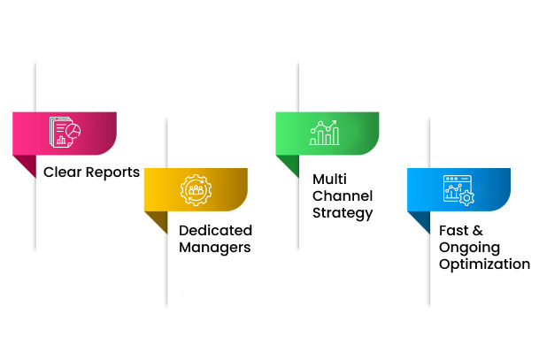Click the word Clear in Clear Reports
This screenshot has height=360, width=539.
point(63,172)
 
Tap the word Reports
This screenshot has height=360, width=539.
point(112,172)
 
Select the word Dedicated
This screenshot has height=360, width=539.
point(216,230)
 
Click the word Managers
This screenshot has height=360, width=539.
point(215,248)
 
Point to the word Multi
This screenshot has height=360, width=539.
point(329,179)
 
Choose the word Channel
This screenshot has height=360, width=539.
point(343,195)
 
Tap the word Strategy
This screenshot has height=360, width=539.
point(343,213)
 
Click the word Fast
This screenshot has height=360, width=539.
point(453,230)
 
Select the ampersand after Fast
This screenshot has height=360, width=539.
point(477,230)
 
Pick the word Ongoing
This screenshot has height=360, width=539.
point(470,248)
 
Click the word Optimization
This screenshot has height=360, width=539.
point(485,264)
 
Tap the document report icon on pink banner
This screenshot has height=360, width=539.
point(65,133)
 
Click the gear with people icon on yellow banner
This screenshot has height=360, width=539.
point(196,190)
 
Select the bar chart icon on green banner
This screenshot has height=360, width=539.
point(325,133)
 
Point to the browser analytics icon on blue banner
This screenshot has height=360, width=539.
point(459,190)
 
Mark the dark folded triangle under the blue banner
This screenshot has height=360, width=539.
point(422,220)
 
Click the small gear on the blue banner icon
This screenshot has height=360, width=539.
point(466,198)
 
